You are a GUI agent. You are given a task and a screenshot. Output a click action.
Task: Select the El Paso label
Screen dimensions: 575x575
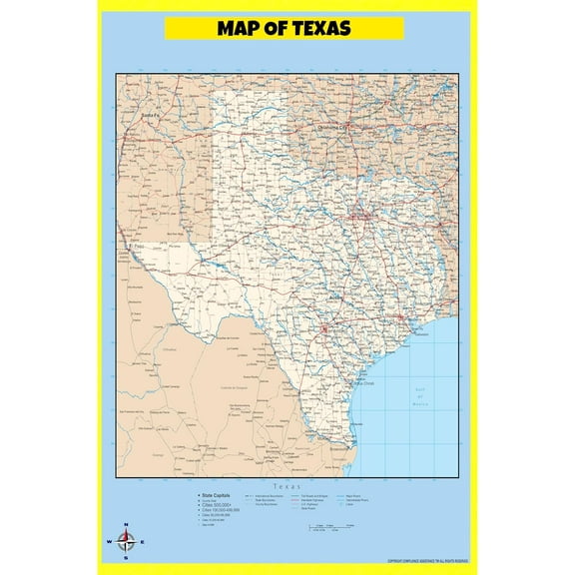pos(137,244)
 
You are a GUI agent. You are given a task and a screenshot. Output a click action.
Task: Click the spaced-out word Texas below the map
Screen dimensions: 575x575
pos(287,484)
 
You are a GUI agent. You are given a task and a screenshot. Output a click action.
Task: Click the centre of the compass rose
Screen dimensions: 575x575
pos(125,542)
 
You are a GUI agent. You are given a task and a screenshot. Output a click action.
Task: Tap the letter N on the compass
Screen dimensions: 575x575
pos(125,526)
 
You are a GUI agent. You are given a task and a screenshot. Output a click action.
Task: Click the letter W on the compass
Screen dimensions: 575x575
pos(108,543)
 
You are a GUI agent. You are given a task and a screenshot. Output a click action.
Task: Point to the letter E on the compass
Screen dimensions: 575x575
pos(142,543)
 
